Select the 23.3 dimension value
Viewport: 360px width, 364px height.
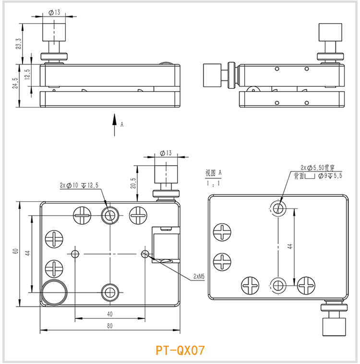pos(19,44)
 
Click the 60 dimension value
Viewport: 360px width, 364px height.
pos(15,252)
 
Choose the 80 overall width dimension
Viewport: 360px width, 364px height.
pos(109,326)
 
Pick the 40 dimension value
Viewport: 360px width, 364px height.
pos(109,314)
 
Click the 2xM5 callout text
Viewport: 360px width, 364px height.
pos(199,276)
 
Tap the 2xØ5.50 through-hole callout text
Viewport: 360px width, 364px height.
pos(317,168)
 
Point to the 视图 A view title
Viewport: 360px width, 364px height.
pos(214,172)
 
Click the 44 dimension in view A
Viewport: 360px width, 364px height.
pos(290,246)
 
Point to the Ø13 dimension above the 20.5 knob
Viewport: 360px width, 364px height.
pos(166,153)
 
